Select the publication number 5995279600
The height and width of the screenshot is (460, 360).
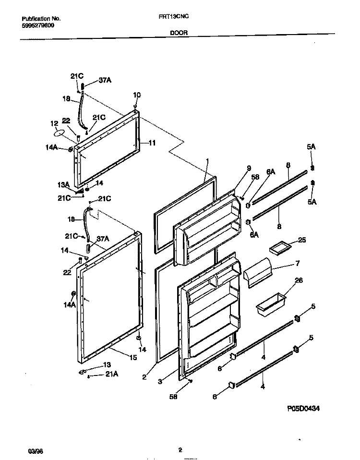point(38,25)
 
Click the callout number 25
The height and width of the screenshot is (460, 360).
point(301,240)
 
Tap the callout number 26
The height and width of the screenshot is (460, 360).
point(298,281)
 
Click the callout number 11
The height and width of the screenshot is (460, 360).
point(152,143)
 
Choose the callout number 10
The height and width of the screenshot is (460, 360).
point(137,95)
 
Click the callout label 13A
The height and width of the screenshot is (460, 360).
point(64,184)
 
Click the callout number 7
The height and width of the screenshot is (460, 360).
point(297,264)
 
